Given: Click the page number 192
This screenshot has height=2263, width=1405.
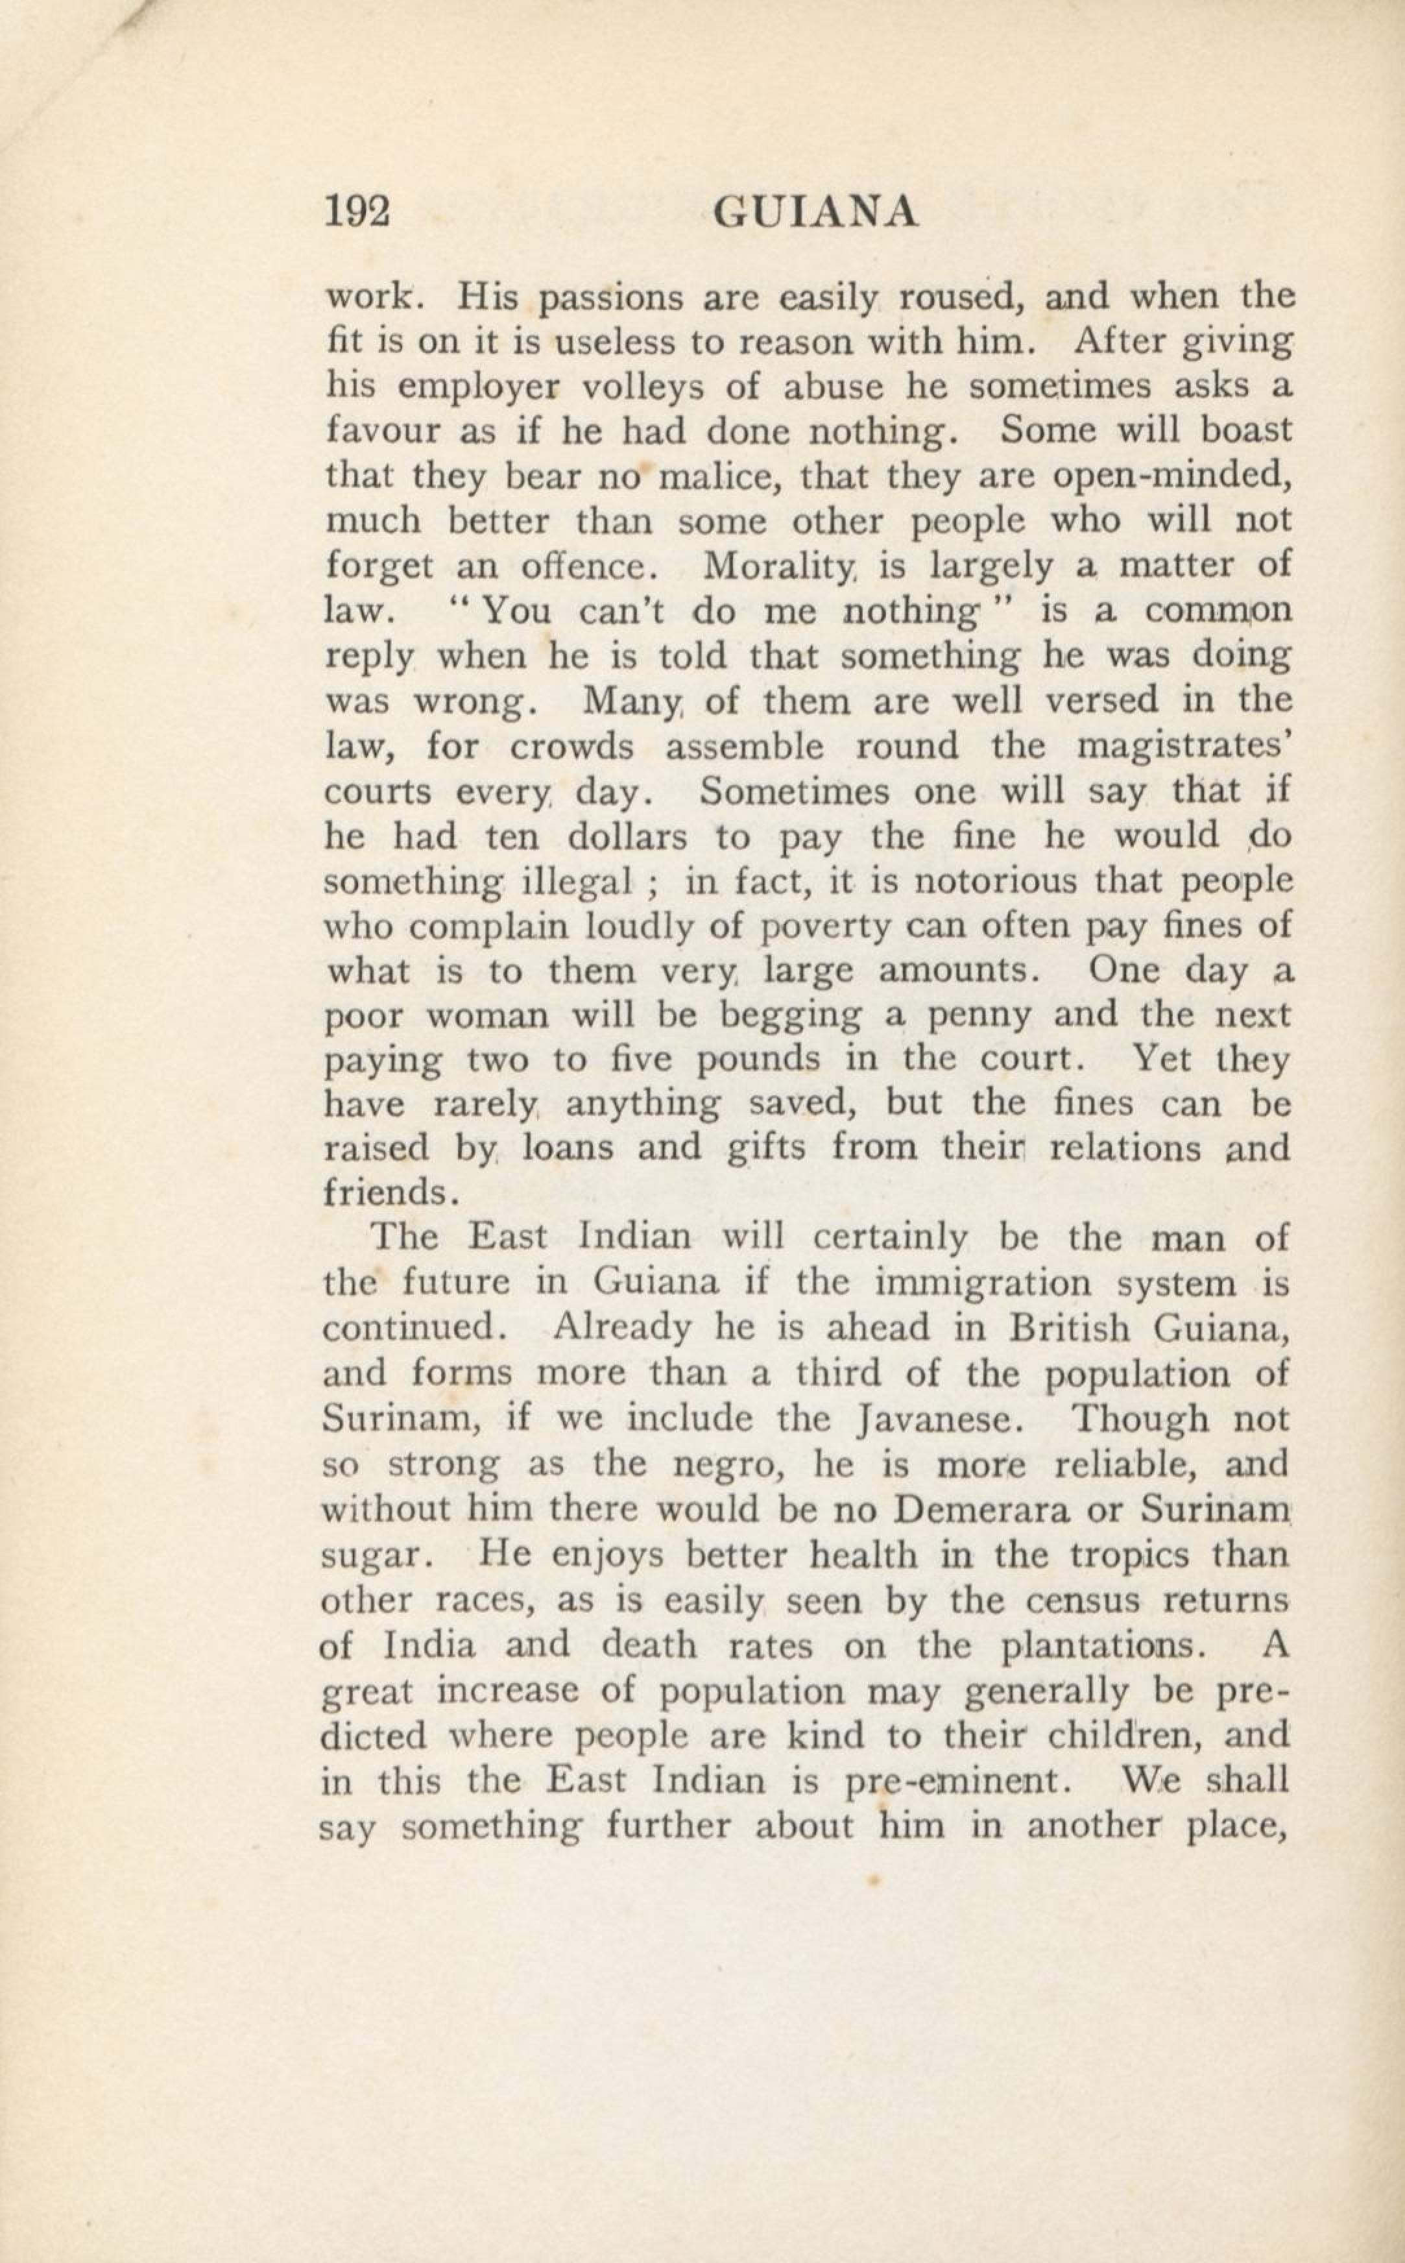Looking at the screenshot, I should point(357,213).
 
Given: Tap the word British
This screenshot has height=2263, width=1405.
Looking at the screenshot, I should point(1068,1327).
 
